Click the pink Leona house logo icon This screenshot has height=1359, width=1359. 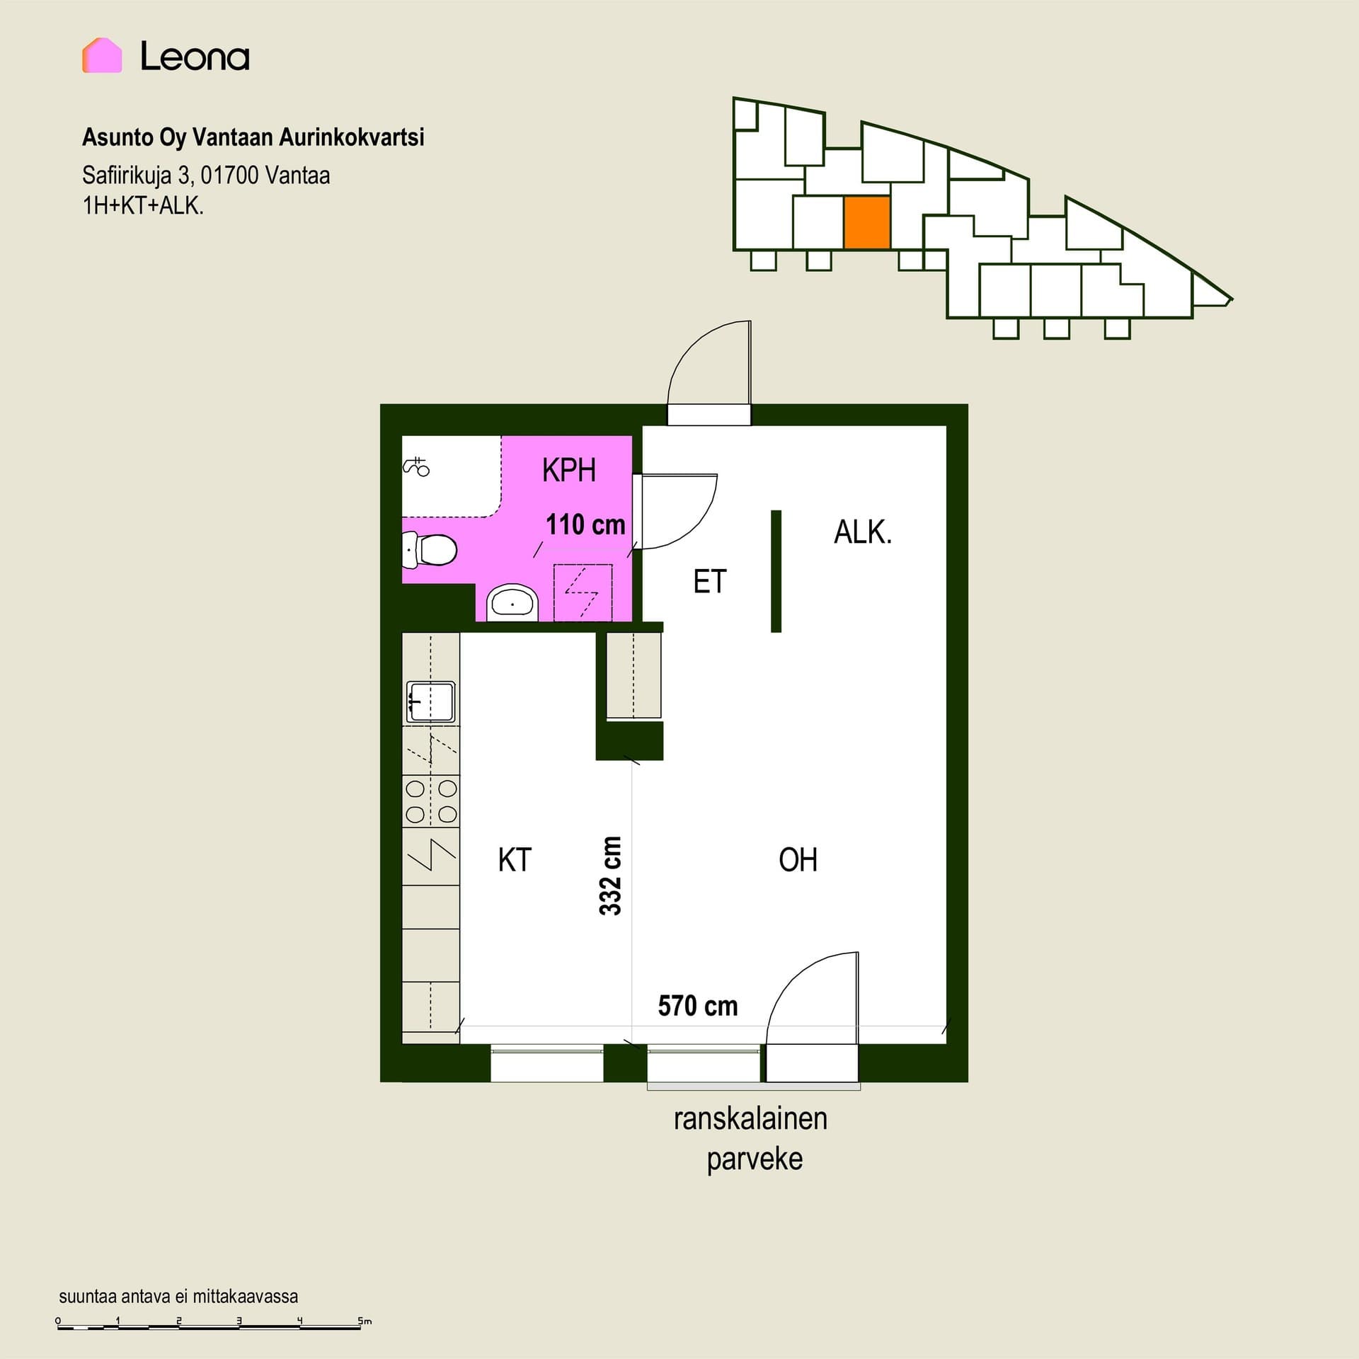(x=102, y=55)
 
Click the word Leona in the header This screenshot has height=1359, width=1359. (x=195, y=56)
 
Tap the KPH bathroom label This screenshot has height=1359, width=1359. (x=568, y=470)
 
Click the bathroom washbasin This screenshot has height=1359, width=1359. (x=512, y=602)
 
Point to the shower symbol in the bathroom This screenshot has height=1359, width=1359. (x=417, y=466)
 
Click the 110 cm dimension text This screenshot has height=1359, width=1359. (x=585, y=524)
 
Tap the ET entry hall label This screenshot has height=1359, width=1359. (x=709, y=582)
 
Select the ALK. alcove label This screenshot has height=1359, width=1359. (x=863, y=532)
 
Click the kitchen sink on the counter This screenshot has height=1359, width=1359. (x=430, y=701)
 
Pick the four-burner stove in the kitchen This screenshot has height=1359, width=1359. (x=430, y=801)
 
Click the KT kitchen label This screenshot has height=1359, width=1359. (x=515, y=860)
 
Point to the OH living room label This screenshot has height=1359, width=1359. (x=798, y=860)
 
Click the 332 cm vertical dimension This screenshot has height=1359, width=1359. (x=610, y=876)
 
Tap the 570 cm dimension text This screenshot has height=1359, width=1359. (x=698, y=1006)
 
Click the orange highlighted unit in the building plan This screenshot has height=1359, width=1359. (x=867, y=223)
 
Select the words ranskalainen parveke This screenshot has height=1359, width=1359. (x=751, y=1139)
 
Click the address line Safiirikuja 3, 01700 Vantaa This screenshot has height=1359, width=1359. (x=206, y=175)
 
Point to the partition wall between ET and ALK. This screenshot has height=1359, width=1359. (x=776, y=571)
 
